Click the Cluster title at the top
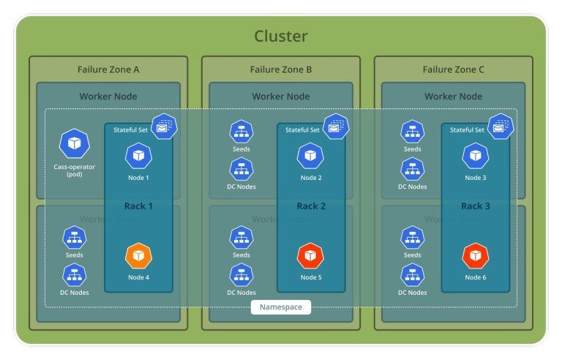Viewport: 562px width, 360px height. click(281, 36)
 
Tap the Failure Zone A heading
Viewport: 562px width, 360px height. click(108, 70)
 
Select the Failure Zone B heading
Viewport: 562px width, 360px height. click(281, 70)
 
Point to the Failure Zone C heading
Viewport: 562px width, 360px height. click(454, 70)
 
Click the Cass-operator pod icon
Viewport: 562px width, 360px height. click(74, 144)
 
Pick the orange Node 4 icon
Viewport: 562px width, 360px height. click(138, 256)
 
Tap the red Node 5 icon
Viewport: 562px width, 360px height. click(310, 256)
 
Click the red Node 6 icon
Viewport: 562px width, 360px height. click(475, 256)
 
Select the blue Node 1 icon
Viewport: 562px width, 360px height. click(138, 156)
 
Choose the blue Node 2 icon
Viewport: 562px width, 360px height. click(310, 156)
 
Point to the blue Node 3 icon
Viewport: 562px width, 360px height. click(475, 156)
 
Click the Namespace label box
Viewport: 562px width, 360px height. click(281, 307)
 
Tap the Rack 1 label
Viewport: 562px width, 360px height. click(138, 206)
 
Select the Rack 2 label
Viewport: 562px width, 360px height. click(311, 206)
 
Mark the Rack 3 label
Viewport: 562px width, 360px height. click(476, 206)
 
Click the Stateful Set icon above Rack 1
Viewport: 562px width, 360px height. click(164, 126)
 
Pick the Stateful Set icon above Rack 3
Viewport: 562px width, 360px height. click(501, 126)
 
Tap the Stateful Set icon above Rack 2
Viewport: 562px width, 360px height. click(337, 126)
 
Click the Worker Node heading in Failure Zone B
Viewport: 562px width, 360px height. click(281, 96)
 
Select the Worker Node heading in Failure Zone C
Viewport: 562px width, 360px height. click(454, 96)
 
